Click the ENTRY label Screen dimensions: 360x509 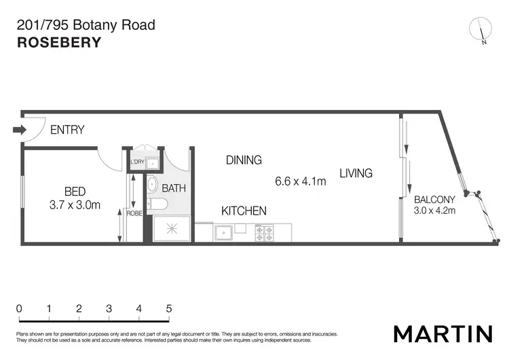[x=67, y=130]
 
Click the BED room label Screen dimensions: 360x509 [x=75, y=191]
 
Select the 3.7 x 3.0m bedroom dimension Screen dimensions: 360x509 [x=75, y=204]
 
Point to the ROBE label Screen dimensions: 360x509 [x=134, y=213]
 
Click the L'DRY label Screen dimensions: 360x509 [x=137, y=162]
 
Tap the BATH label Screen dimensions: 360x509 [x=174, y=188]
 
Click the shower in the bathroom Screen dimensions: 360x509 [x=169, y=229]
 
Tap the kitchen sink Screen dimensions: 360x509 [x=224, y=233]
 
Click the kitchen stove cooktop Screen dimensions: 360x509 [x=263, y=233]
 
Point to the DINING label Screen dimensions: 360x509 [x=244, y=160]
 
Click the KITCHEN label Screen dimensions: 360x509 [x=244, y=211]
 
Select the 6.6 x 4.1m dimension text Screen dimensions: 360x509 [x=300, y=181]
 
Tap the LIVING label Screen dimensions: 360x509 [x=356, y=173]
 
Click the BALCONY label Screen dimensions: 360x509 [x=434, y=200]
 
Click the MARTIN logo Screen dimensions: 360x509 [x=442, y=334]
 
